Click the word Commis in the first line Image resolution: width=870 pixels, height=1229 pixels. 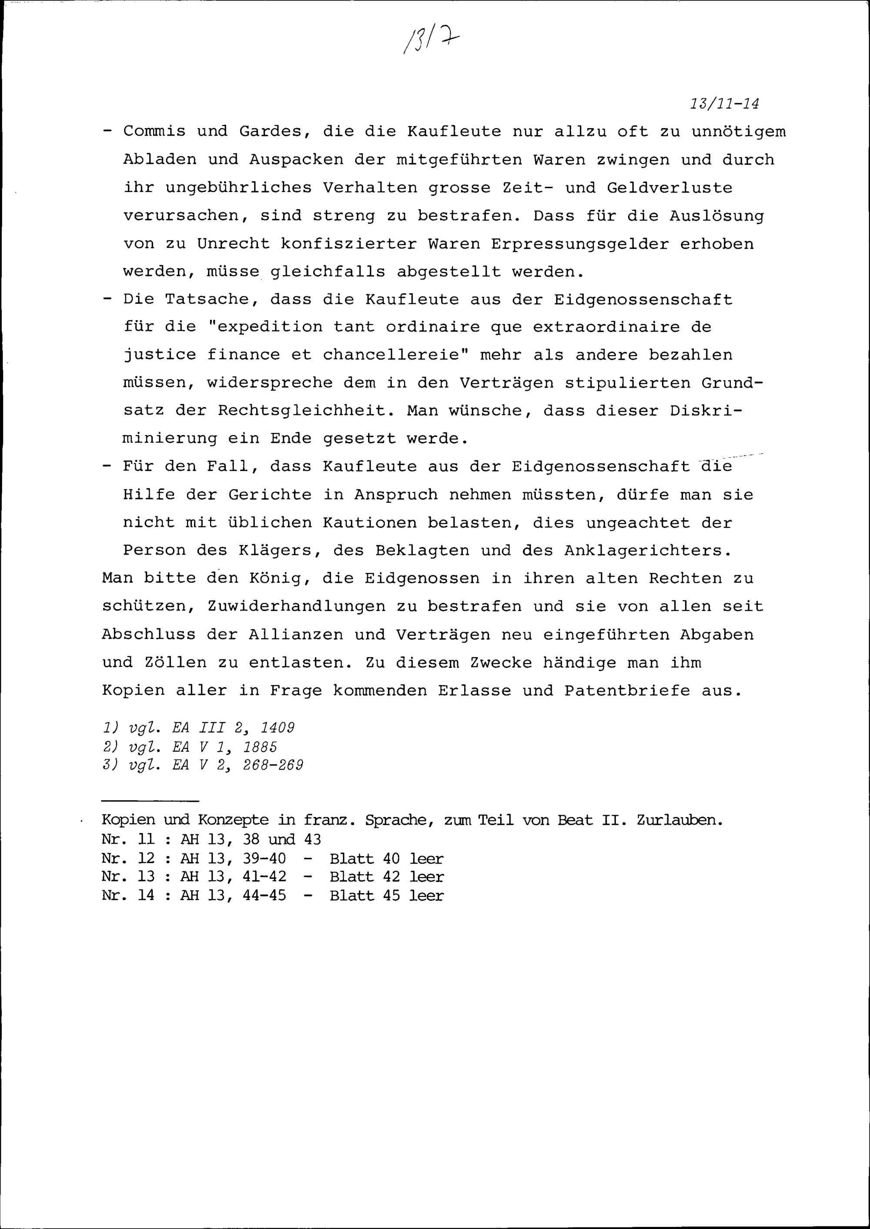coord(154,132)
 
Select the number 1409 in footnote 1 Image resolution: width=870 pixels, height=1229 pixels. coord(278,728)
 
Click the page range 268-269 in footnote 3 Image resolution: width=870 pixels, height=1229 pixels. coord(273,765)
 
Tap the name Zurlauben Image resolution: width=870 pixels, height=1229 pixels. coord(680,820)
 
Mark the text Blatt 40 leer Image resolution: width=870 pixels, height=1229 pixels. coord(386,859)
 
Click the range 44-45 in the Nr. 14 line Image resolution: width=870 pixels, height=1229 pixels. coord(264,896)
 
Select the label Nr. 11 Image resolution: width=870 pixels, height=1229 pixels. coord(127,839)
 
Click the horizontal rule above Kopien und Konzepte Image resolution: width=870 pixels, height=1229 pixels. coord(150,801)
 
